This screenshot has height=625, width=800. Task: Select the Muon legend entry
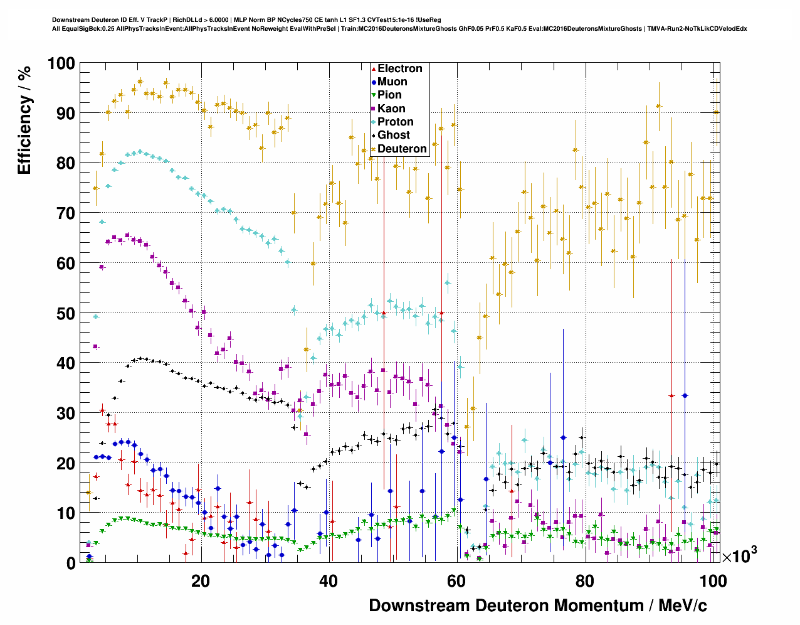click(392, 82)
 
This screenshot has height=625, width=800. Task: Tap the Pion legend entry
click(389, 95)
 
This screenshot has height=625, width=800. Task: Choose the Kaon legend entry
click(391, 109)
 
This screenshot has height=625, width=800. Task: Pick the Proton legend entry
click(395, 122)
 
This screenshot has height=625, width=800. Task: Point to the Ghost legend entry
click(393, 136)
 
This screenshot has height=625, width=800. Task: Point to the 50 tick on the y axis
click(65, 313)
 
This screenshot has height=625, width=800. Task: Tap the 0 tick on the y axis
click(70, 563)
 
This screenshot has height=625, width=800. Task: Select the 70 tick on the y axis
click(65, 213)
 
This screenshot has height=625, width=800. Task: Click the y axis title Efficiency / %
click(24, 120)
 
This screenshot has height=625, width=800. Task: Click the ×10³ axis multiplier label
click(740, 555)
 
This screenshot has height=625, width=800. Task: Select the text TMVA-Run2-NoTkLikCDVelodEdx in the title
click(697, 29)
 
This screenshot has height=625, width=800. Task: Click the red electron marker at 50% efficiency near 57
click(441, 312)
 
